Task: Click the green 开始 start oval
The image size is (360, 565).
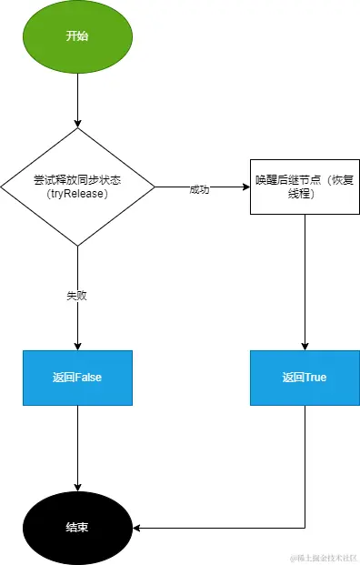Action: [x=77, y=36]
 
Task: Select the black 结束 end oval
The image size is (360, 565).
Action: [x=77, y=527]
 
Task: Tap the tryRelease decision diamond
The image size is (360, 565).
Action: [x=77, y=187]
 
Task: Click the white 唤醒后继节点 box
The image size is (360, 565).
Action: [x=304, y=187]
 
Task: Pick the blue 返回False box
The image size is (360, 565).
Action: [x=77, y=378]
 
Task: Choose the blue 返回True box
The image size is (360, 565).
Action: [x=304, y=378]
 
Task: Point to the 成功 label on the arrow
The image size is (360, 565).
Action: [x=199, y=189]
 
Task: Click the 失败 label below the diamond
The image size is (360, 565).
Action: [x=77, y=296]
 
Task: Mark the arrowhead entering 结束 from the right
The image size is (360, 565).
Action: [x=138, y=527]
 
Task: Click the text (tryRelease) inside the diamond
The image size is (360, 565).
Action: [x=77, y=194]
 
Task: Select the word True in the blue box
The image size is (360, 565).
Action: [x=315, y=378]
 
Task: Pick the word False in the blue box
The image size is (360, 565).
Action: [x=88, y=378]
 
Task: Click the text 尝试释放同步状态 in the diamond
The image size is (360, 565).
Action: [x=77, y=180]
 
